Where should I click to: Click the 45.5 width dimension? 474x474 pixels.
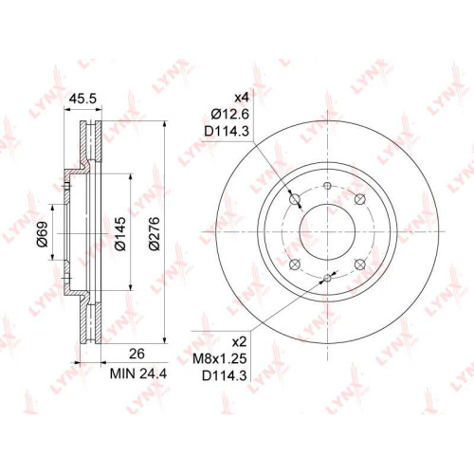point(82,99)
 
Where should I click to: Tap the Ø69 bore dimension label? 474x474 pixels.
point(43,233)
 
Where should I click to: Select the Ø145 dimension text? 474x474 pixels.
point(120,233)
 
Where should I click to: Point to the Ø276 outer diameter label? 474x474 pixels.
point(155,233)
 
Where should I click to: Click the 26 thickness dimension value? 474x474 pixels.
point(137,354)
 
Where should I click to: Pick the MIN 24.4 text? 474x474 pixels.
point(138,374)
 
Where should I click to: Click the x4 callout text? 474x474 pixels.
point(242,98)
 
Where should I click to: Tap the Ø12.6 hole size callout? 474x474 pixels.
point(230,114)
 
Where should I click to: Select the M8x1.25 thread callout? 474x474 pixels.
point(220,358)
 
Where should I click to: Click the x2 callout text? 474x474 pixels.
point(239,342)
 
